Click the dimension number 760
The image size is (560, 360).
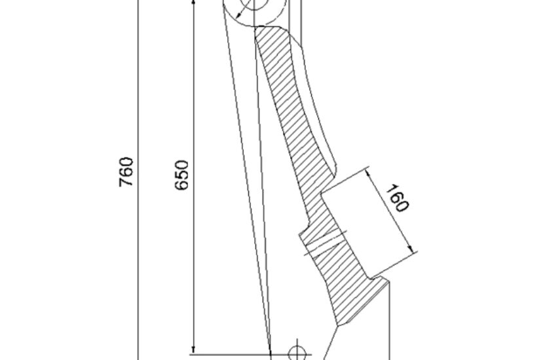tap(126, 171)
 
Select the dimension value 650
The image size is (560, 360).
tap(181, 175)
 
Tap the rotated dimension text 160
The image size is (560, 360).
tap(397, 198)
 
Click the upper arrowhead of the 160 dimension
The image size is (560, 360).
tap(369, 173)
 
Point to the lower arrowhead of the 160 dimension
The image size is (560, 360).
tap(411, 248)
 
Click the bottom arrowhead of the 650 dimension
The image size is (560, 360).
tap(194, 349)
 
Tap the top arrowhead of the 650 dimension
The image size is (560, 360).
tap(194, 3)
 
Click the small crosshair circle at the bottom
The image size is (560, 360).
tap(297, 353)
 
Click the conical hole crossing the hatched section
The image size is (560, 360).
tap(325, 243)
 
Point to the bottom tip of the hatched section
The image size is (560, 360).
tap(338, 325)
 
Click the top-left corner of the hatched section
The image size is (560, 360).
tap(255, 29)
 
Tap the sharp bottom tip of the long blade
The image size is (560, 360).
tap(271, 354)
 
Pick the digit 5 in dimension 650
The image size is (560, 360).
tap(181, 175)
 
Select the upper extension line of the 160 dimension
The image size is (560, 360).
tap(346, 179)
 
